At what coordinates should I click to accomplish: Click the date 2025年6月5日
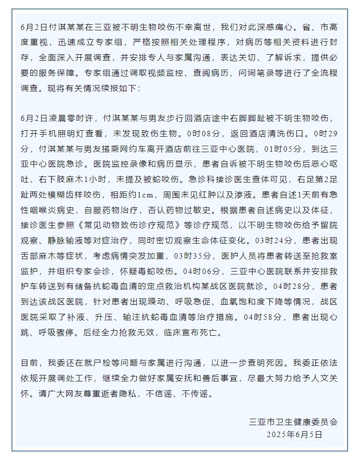coord(295,434)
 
